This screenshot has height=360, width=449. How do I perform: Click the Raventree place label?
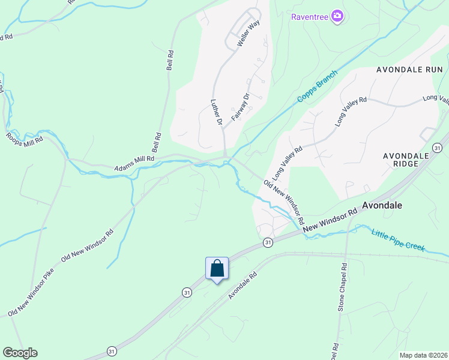(x=309, y=16)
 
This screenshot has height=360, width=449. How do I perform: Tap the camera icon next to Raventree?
(x=337, y=16)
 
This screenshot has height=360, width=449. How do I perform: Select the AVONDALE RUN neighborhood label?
(x=409, y=70)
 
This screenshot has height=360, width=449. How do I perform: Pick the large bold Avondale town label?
(x=382, y=205)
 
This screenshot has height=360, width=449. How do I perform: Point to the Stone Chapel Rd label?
(x=341, y=289)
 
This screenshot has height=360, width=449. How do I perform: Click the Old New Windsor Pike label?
(x=31, y=293)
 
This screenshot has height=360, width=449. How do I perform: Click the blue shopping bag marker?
(x=217, y=269)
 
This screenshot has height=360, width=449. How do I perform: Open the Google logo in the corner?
(x=20, y=353)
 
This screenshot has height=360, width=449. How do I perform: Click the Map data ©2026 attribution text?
(x=423, y=355)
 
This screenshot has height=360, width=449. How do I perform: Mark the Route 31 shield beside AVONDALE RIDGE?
(x=438, y=148)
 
